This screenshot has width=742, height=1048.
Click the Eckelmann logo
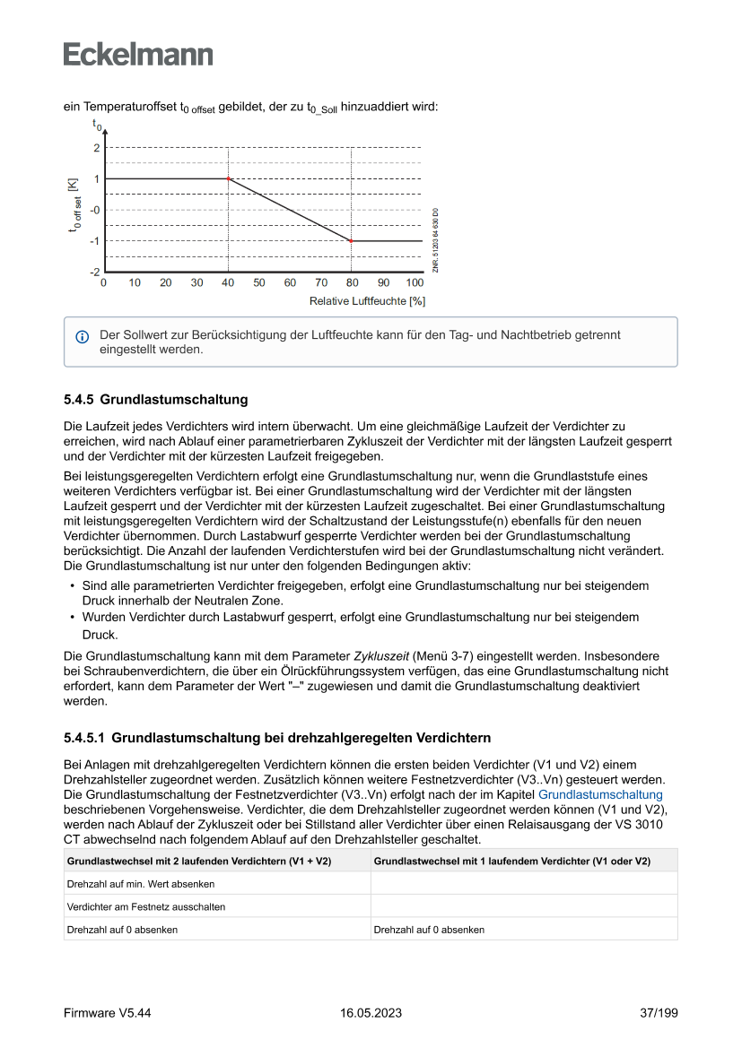coord(138,54)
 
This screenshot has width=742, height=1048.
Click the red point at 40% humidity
coord(229,179)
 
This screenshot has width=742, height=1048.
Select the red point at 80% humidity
coord(351,241)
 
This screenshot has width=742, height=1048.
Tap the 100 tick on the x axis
coord(415,283)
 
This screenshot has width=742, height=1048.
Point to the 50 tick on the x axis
coord(259,283)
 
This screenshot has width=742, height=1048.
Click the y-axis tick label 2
coord(96,148)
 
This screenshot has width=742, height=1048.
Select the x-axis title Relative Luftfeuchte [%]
coord(367,301)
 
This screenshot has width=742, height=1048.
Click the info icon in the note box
coord(82,337)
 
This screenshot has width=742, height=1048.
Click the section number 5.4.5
coord(79,399)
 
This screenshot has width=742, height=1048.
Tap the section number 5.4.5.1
coord(84,739)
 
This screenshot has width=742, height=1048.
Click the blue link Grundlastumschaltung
coord(600,794)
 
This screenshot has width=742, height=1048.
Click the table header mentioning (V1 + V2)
coord(199,862)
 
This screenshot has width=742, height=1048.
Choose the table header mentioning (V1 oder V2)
coord(511,862)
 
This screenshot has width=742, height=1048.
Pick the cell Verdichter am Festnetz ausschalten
coord(146,906)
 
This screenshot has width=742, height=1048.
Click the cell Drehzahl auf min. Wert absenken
coord(141,884)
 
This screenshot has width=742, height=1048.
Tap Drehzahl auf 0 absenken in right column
coord(429,930)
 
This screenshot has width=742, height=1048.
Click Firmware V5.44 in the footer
coord(107,1013)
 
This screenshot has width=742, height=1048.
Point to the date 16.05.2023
coord(371,1013)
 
